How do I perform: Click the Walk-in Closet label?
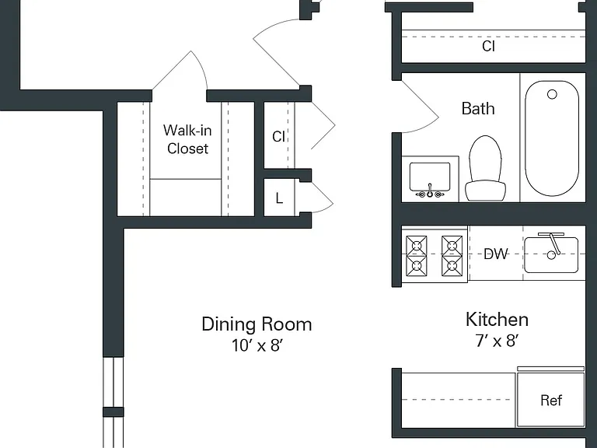(187, 139)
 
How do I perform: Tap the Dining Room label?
(257, 324)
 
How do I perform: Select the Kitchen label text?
(497, 319)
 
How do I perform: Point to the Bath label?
(478, 109)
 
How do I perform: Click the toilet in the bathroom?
(485, 168)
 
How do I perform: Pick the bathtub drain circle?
(552, 94)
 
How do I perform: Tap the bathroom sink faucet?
(430, 191)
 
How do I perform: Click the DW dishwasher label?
(496, 254)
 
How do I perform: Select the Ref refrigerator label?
(551, 400)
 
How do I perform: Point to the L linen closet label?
(280, 198)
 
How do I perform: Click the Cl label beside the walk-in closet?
(279, 136)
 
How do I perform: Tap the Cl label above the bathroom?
(488, 46)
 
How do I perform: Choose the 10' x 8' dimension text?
(257, 345)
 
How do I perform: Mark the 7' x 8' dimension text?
(497, 341)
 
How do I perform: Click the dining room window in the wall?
(113, 402)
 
